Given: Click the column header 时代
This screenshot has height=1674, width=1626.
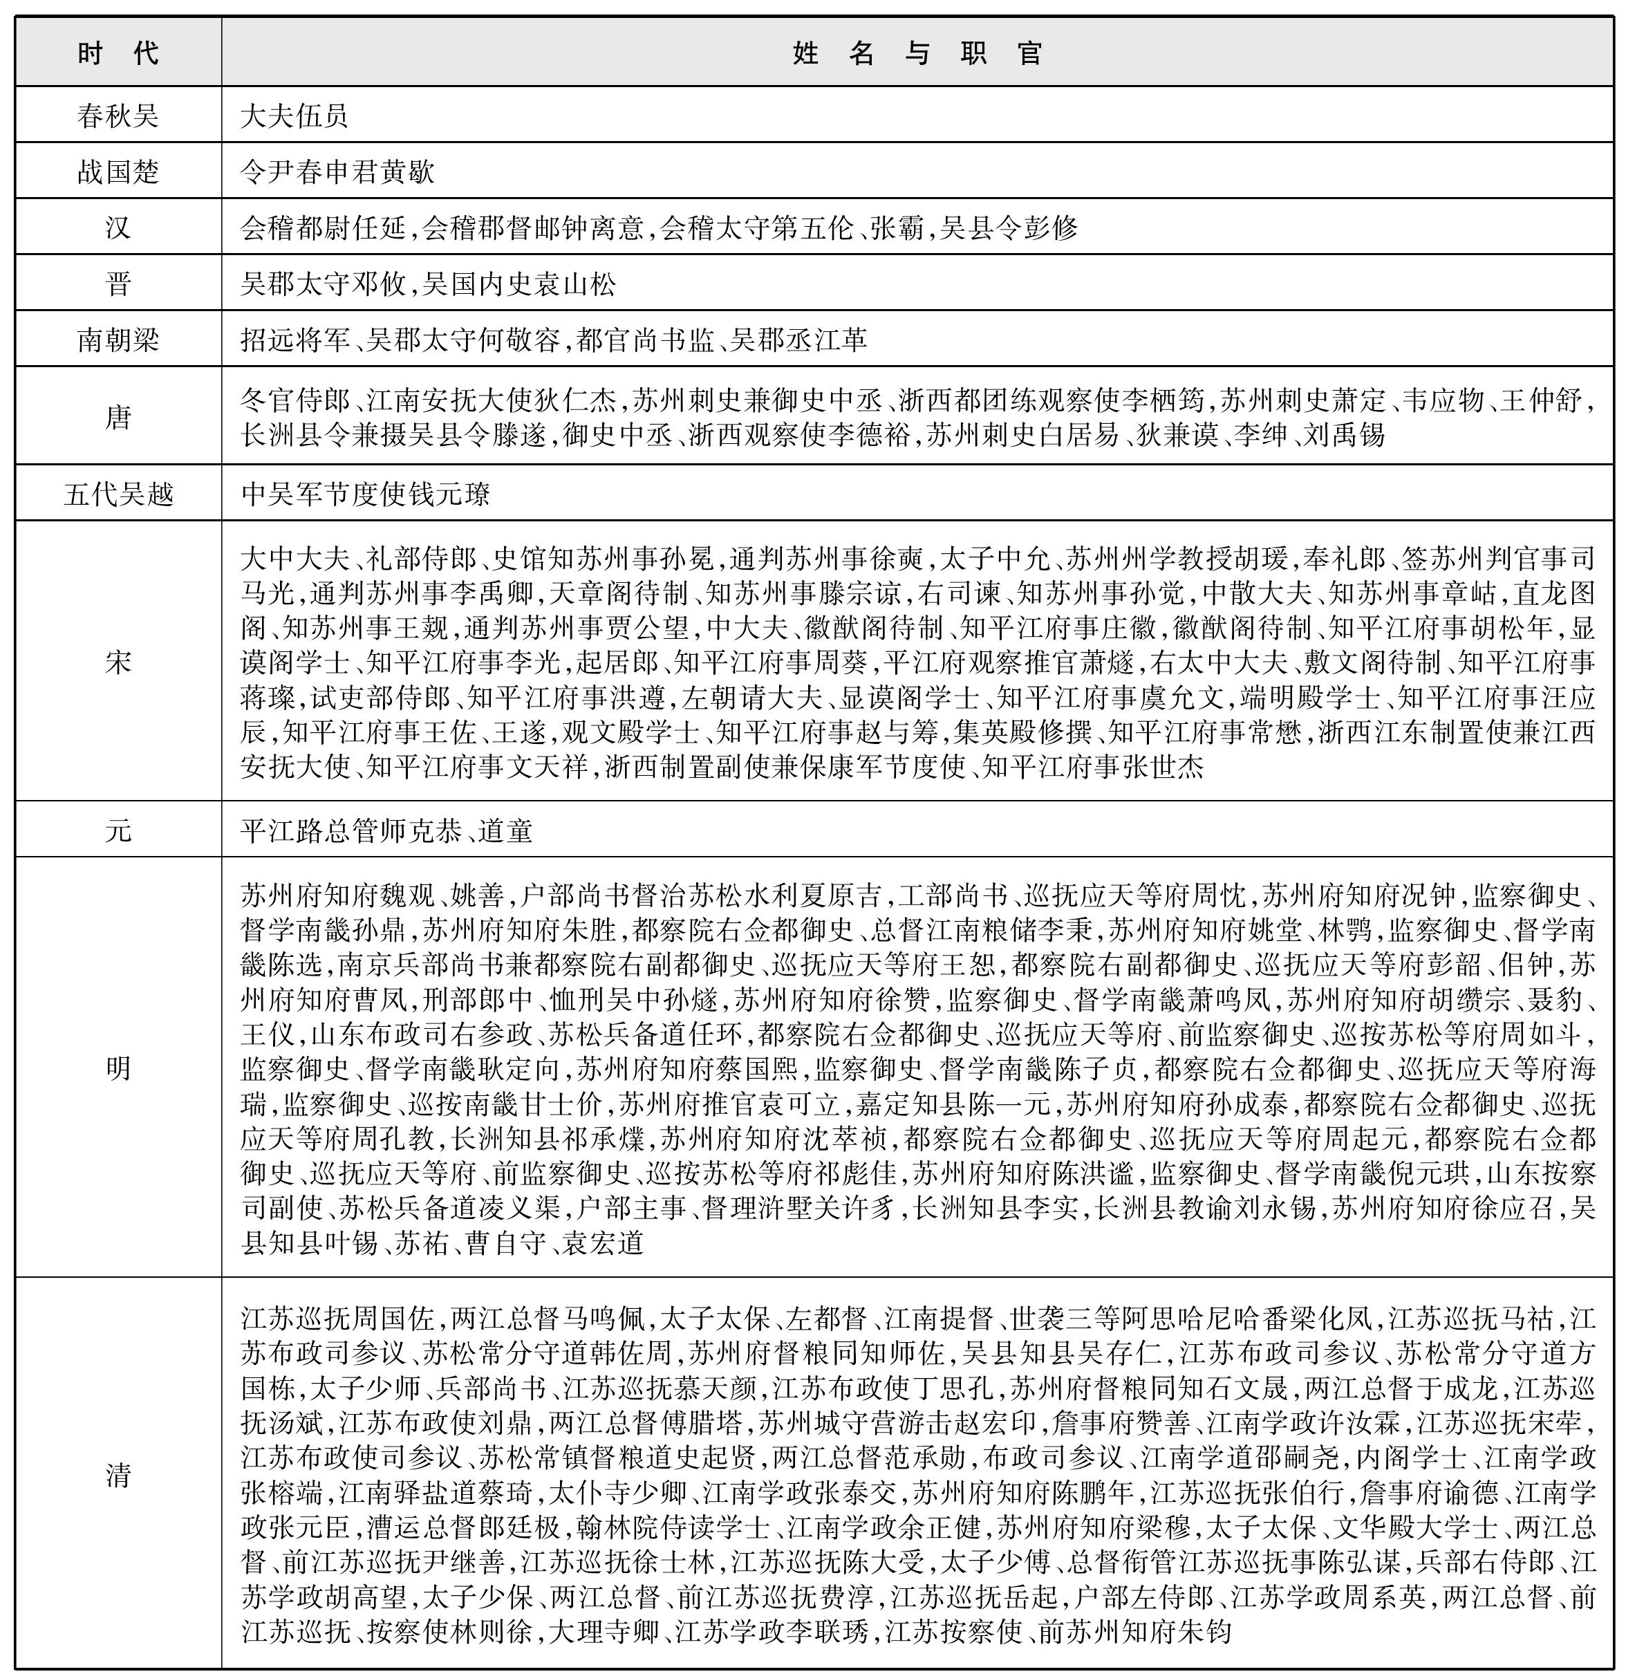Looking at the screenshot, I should tap(118, 54).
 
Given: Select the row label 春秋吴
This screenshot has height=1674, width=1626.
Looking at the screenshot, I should tap(118, 115).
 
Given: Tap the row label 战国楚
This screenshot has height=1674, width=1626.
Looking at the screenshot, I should tap(118, 171).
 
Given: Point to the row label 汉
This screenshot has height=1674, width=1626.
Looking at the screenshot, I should tap(118, 228).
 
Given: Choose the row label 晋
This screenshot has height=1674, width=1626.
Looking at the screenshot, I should tap(118, 283).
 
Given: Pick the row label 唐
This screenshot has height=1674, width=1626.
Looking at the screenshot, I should tap(118, 417).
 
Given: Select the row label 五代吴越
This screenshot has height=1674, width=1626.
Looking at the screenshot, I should tap(118, 494).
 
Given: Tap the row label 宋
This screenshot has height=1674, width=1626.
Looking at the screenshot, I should tap(118, 661).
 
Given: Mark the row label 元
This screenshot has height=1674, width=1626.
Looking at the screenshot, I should tap(118, 829).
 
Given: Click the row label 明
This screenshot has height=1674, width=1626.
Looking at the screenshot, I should tap(118, 1068).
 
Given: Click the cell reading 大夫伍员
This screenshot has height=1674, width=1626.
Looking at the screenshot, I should tap(295, 115).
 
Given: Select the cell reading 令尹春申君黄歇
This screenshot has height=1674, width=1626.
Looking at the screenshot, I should tap(337, 171).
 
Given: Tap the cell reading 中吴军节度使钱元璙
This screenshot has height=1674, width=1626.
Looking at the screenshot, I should tap(366, 494).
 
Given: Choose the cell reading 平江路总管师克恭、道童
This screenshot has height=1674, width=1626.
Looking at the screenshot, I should tap(386, 829).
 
